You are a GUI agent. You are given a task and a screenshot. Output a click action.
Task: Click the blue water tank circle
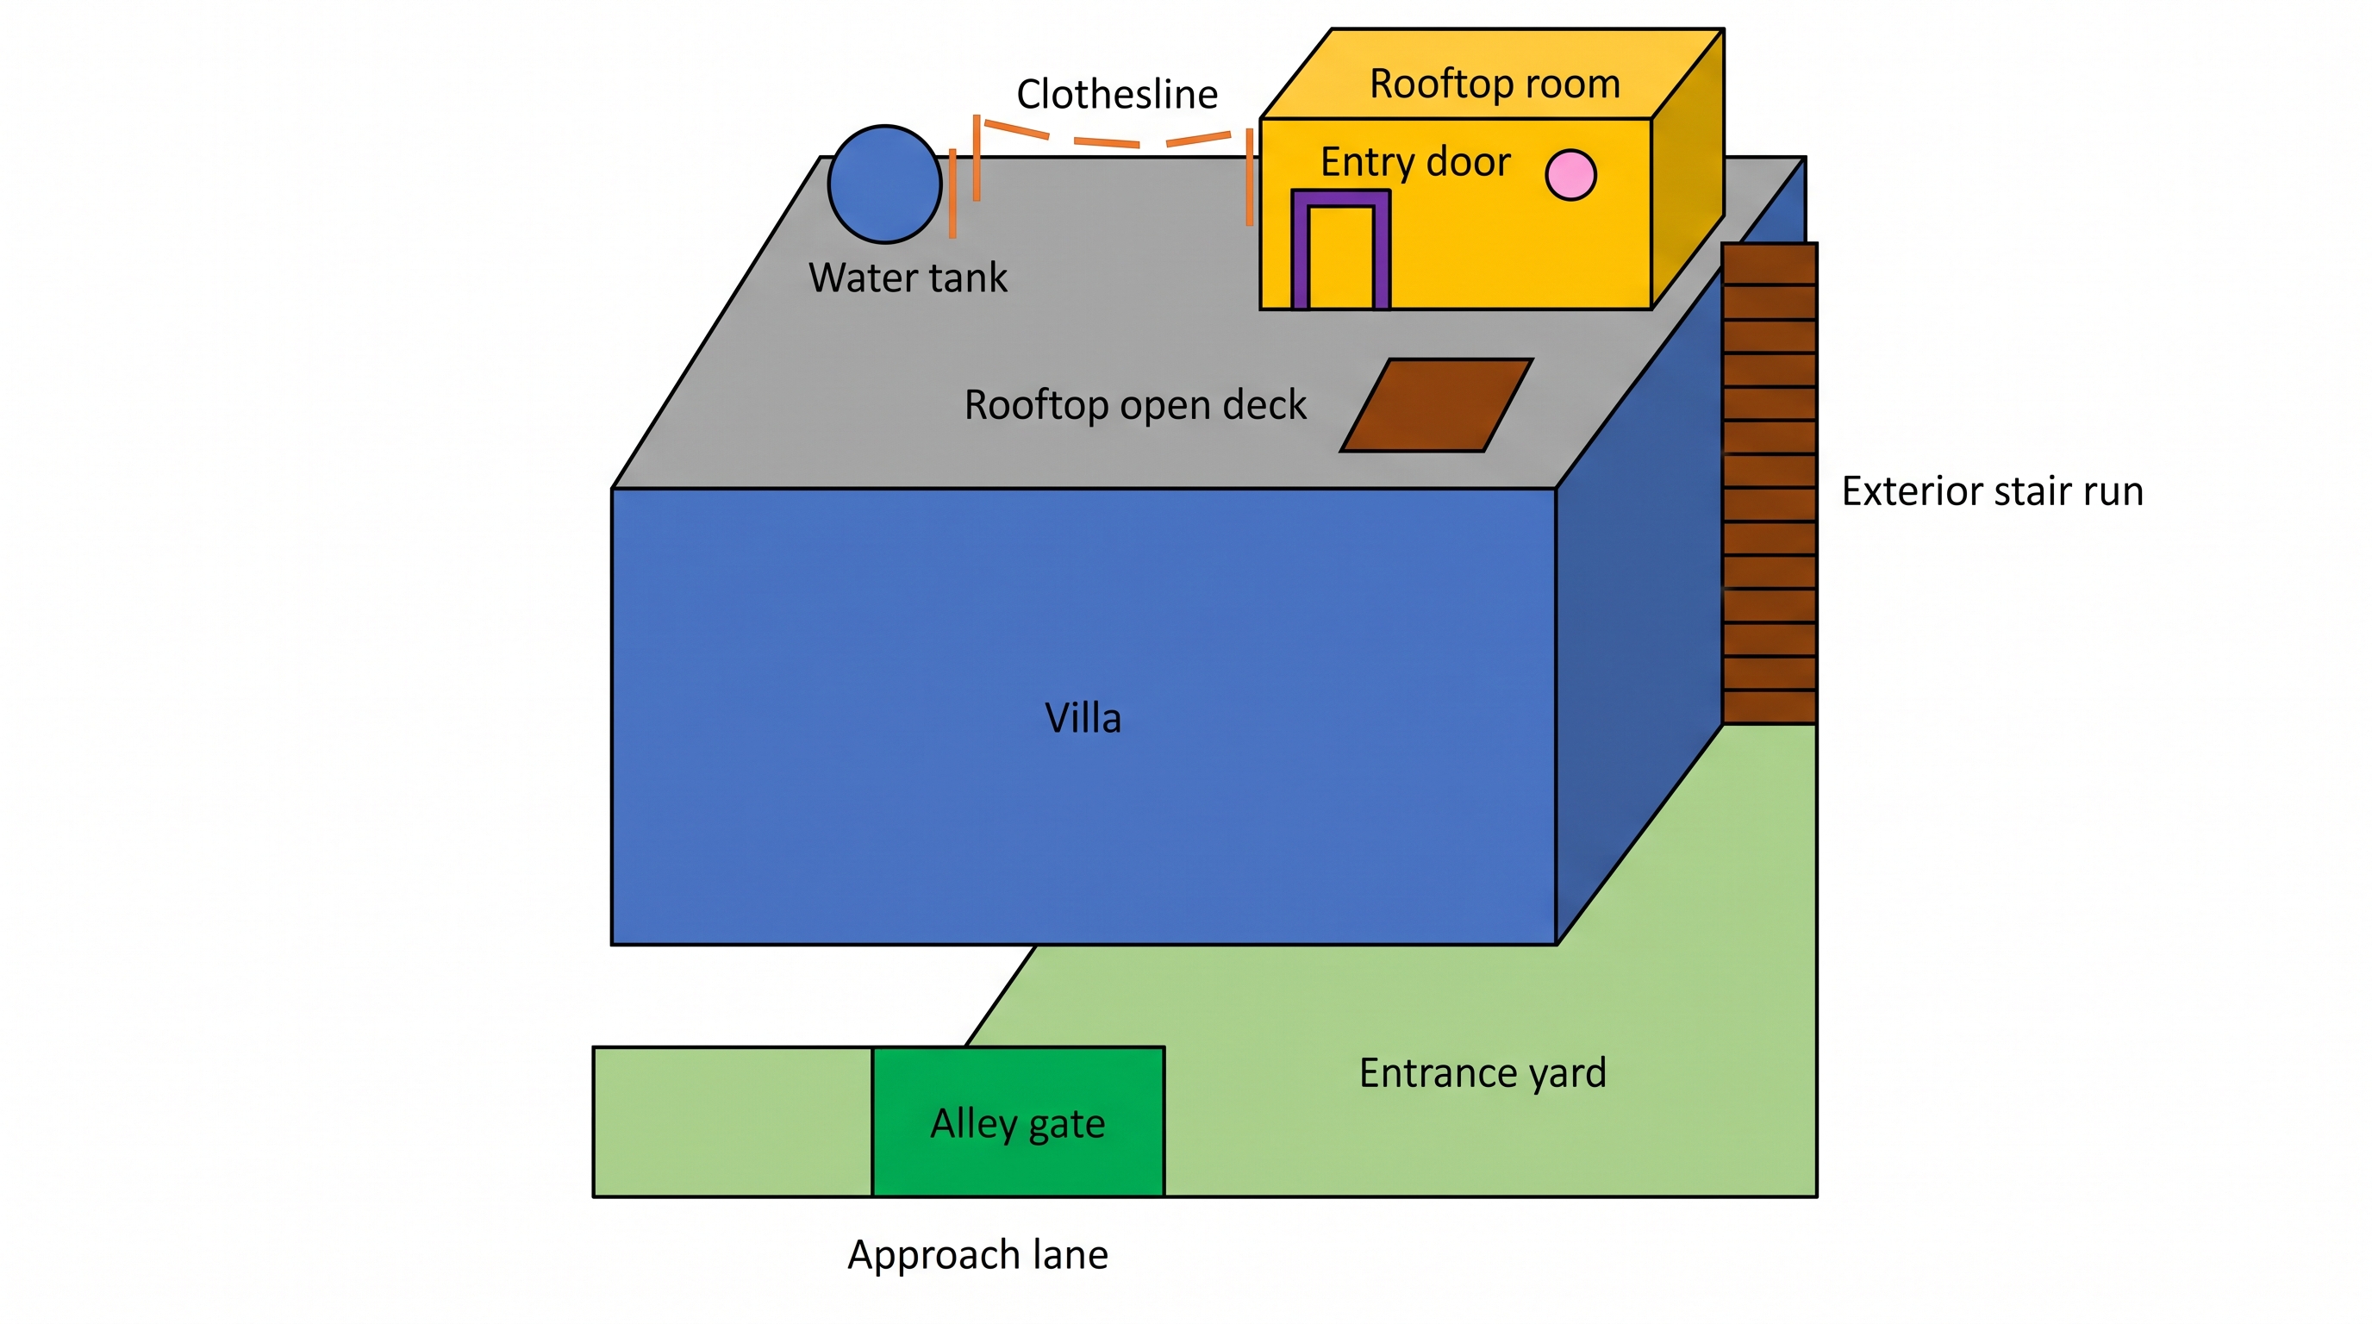click(x=884, y=184)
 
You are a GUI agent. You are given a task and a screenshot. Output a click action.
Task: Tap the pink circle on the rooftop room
click(x=1570, y=175)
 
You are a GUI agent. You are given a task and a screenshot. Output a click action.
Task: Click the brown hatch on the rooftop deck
click(x=1437, y=405)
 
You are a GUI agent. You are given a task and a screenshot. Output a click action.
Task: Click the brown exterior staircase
click(x=1769, y=484)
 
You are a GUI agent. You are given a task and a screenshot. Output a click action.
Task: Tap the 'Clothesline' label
click(x=1117, y=94)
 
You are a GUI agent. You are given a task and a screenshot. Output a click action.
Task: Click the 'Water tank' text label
click(x=908, y=278)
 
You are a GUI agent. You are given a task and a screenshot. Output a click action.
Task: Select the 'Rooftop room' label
click(x=1495, y=84)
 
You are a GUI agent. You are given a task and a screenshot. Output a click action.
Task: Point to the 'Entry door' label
click(x=1415, y=162)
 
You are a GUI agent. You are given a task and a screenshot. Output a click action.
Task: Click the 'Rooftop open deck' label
click(x=1134, y=405)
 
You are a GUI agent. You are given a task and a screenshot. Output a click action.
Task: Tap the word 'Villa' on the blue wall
click(x=1083, y=718)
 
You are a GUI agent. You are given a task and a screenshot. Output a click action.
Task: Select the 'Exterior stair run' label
click(x=1993, y=490)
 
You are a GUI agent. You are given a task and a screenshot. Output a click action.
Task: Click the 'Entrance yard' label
click(x=1482, y=1073)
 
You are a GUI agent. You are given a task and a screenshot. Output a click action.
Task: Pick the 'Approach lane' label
click(x=978, y=1255)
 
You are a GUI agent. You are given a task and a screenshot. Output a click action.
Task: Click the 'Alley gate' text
click(x=1017, y=1124)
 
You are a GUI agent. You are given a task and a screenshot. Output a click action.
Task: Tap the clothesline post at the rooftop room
click(x=1250, y=177)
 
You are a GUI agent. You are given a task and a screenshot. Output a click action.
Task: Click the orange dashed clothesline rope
click(x=1106, y=140)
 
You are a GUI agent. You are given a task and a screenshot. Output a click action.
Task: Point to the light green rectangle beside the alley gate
click(x=733, y=1121)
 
